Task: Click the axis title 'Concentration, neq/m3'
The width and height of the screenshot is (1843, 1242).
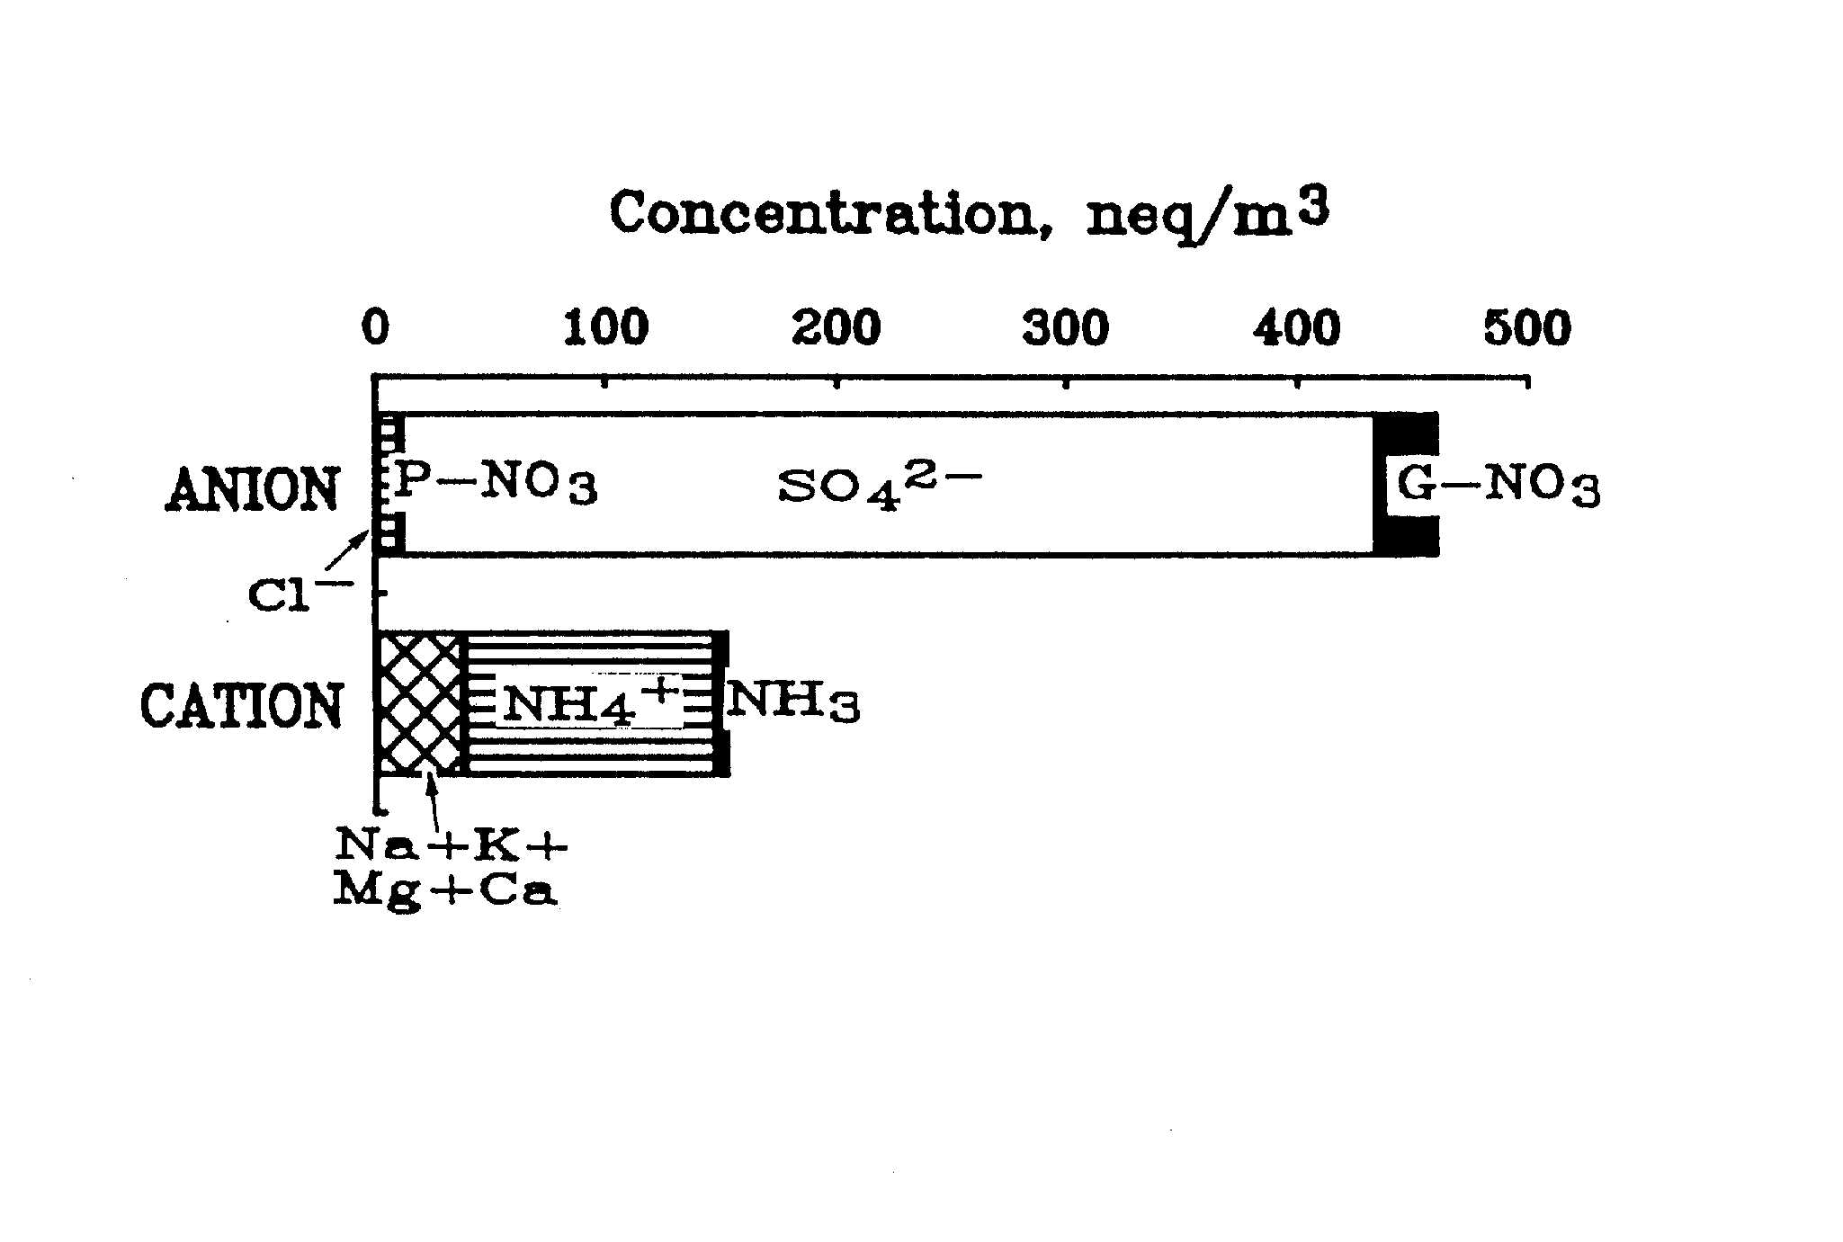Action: coord(970,215)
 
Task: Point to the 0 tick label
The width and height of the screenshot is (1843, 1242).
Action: coord(376,329)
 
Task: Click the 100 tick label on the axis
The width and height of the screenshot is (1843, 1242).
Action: coord(605,329)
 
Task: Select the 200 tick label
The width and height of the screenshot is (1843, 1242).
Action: coord(837,329)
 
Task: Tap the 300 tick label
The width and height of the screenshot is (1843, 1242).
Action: coord(1066,329)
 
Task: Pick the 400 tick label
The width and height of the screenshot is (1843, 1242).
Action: coord(1297,329)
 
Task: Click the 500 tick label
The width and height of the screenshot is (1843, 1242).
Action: coord(1527,329)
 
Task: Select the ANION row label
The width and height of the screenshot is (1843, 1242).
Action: coord(253,490)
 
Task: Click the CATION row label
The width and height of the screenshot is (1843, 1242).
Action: coord(242,705)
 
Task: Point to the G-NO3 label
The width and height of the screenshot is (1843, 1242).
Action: coord(1498,487)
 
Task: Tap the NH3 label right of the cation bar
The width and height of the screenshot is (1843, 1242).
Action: coord(792,702)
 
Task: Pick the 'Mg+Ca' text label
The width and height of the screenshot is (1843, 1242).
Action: coord(446,890)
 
